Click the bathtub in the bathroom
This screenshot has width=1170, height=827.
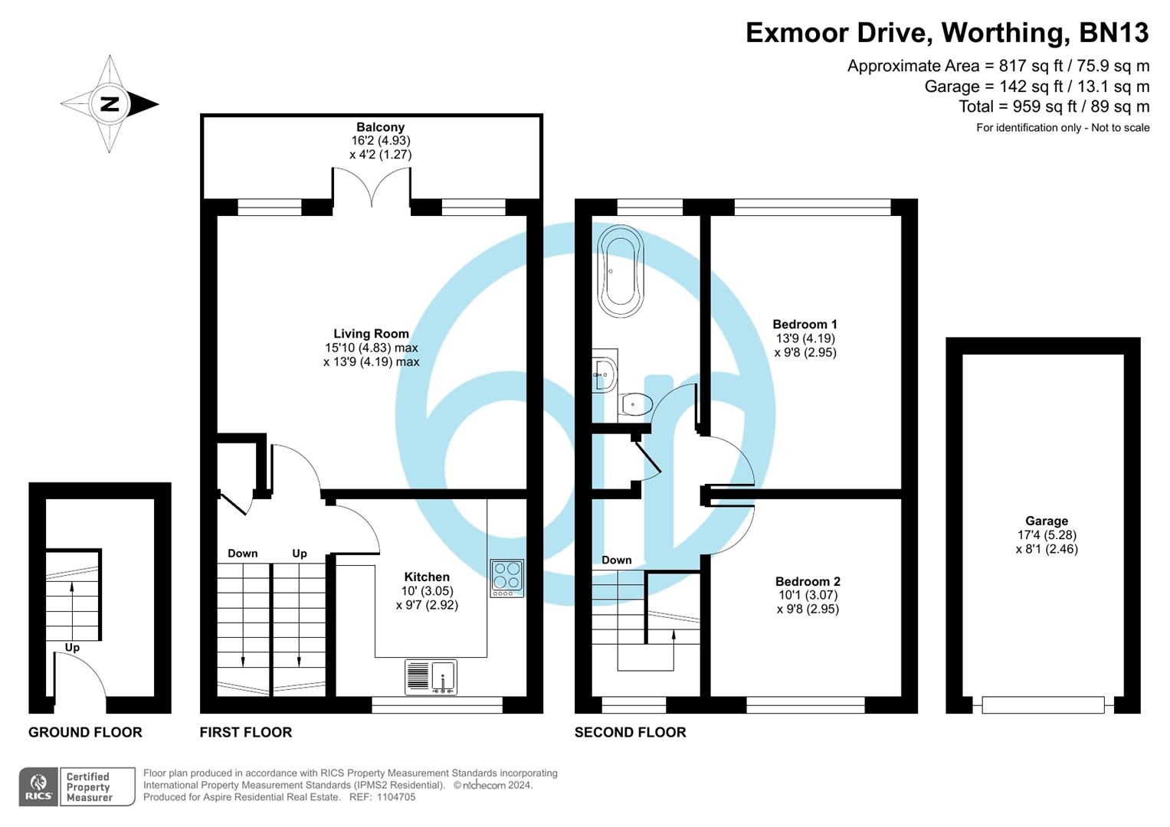click(x=621, y=271)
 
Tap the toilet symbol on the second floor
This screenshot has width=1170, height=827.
click(x=635, y=404)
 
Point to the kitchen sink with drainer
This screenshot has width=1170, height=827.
click(x=431, y=677)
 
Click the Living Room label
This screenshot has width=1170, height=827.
click(x=371, y=334)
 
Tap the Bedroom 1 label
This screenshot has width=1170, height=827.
click(x=805, y=325)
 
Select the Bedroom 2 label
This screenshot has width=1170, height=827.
click(x=808, y=582)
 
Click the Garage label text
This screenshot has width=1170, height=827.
click(x=1046, y=521)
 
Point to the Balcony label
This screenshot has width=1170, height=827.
click(x=380, y=127)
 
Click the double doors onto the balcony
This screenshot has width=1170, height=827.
click(x=372, y=188)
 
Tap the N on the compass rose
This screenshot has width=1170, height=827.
click(x=110, y=104)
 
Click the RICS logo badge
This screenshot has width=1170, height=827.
click(x=38, y=786)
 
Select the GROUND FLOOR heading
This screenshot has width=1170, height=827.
click(x=85, y=732)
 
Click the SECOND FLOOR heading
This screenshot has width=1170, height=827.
click(x=630, y=732)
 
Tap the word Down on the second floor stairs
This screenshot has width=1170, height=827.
click(x=616, y=560)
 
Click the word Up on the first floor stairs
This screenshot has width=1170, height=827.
click(x=300, y=553)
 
